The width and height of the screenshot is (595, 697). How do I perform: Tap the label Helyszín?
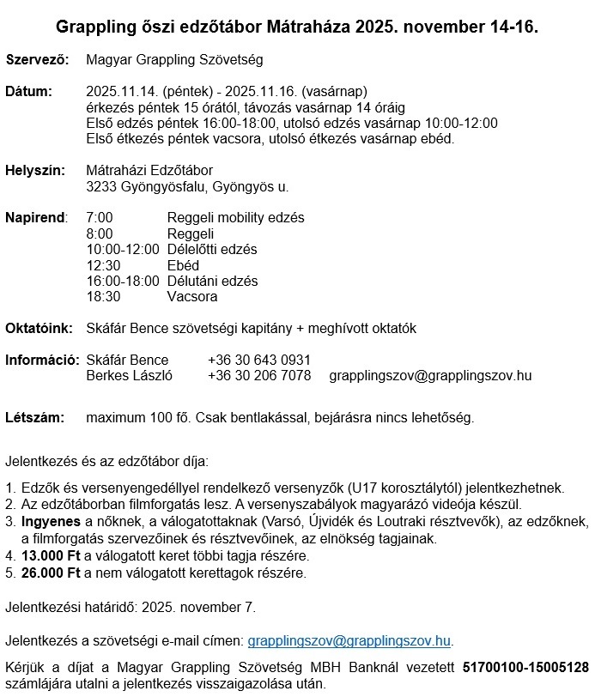[35, 171]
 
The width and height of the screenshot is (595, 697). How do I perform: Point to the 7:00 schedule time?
[100, 218]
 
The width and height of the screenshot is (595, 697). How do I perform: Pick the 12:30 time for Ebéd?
[103, 265]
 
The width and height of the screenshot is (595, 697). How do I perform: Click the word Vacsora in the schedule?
[191, 297]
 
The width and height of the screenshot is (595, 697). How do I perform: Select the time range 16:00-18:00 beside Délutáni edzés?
[123, 281]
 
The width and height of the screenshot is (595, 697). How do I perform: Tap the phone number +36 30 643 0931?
[259, 360]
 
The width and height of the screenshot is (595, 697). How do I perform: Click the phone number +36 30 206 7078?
[259, 375]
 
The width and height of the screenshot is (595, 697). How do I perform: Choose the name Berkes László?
[130, 375]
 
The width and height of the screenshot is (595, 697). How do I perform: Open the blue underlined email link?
[349, 640]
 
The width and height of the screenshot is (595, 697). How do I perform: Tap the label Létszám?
[35, 418]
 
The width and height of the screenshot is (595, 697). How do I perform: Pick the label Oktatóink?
[39, 328]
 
